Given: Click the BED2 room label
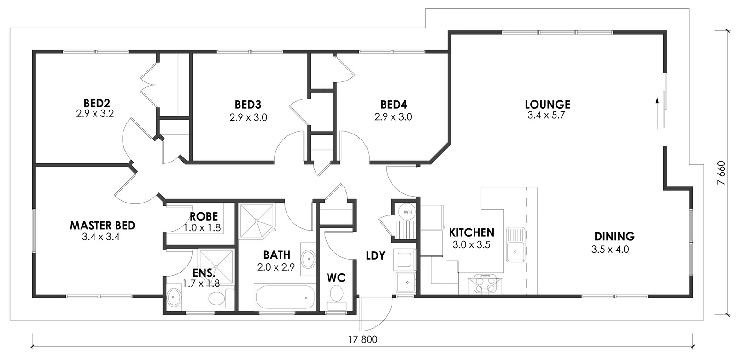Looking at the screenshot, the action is [x=97, y=103].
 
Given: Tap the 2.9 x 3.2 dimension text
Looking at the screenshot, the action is [x=95, y=114].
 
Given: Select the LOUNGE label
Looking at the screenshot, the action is [x=548, y=105].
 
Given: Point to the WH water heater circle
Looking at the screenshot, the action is [x=408, y=212].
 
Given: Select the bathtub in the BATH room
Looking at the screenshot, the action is [x=285, y=297].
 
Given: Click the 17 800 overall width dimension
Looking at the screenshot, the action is [x=363, y=339].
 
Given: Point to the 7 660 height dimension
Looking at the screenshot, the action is [x=721, y=173].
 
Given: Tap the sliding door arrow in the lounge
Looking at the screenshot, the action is [x=657, y=113].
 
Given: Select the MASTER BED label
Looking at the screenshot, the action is [x=102, y=226].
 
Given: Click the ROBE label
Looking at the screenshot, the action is [x=204, y=216].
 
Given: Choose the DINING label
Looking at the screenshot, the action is [x=614, y=236].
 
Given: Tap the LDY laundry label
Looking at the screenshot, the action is [x=375, y=255].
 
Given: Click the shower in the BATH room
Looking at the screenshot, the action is [x=257, y=221].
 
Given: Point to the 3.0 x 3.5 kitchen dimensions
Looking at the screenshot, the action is [x=472, y=245].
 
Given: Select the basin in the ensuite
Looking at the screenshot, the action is [x=174, y=298].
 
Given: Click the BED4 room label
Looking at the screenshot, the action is [x=393, y=105].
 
